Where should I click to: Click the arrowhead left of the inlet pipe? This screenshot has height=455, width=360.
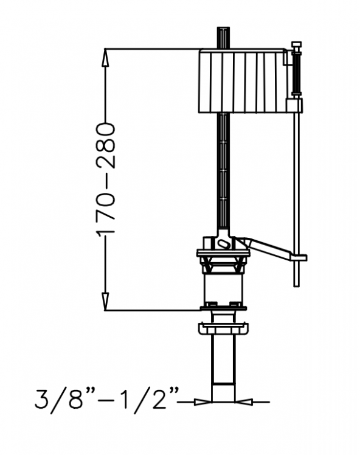click(201, 401)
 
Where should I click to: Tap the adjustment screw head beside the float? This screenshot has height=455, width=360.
click(296, 45)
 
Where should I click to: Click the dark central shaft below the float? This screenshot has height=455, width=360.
click(224, 170)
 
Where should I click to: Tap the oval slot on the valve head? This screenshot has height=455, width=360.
click(223, 243)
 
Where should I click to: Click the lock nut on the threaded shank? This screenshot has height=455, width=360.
click(223, 329)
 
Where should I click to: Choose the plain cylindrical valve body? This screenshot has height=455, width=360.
click(223, 286)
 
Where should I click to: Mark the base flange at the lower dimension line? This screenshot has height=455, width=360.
click(223, 308)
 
